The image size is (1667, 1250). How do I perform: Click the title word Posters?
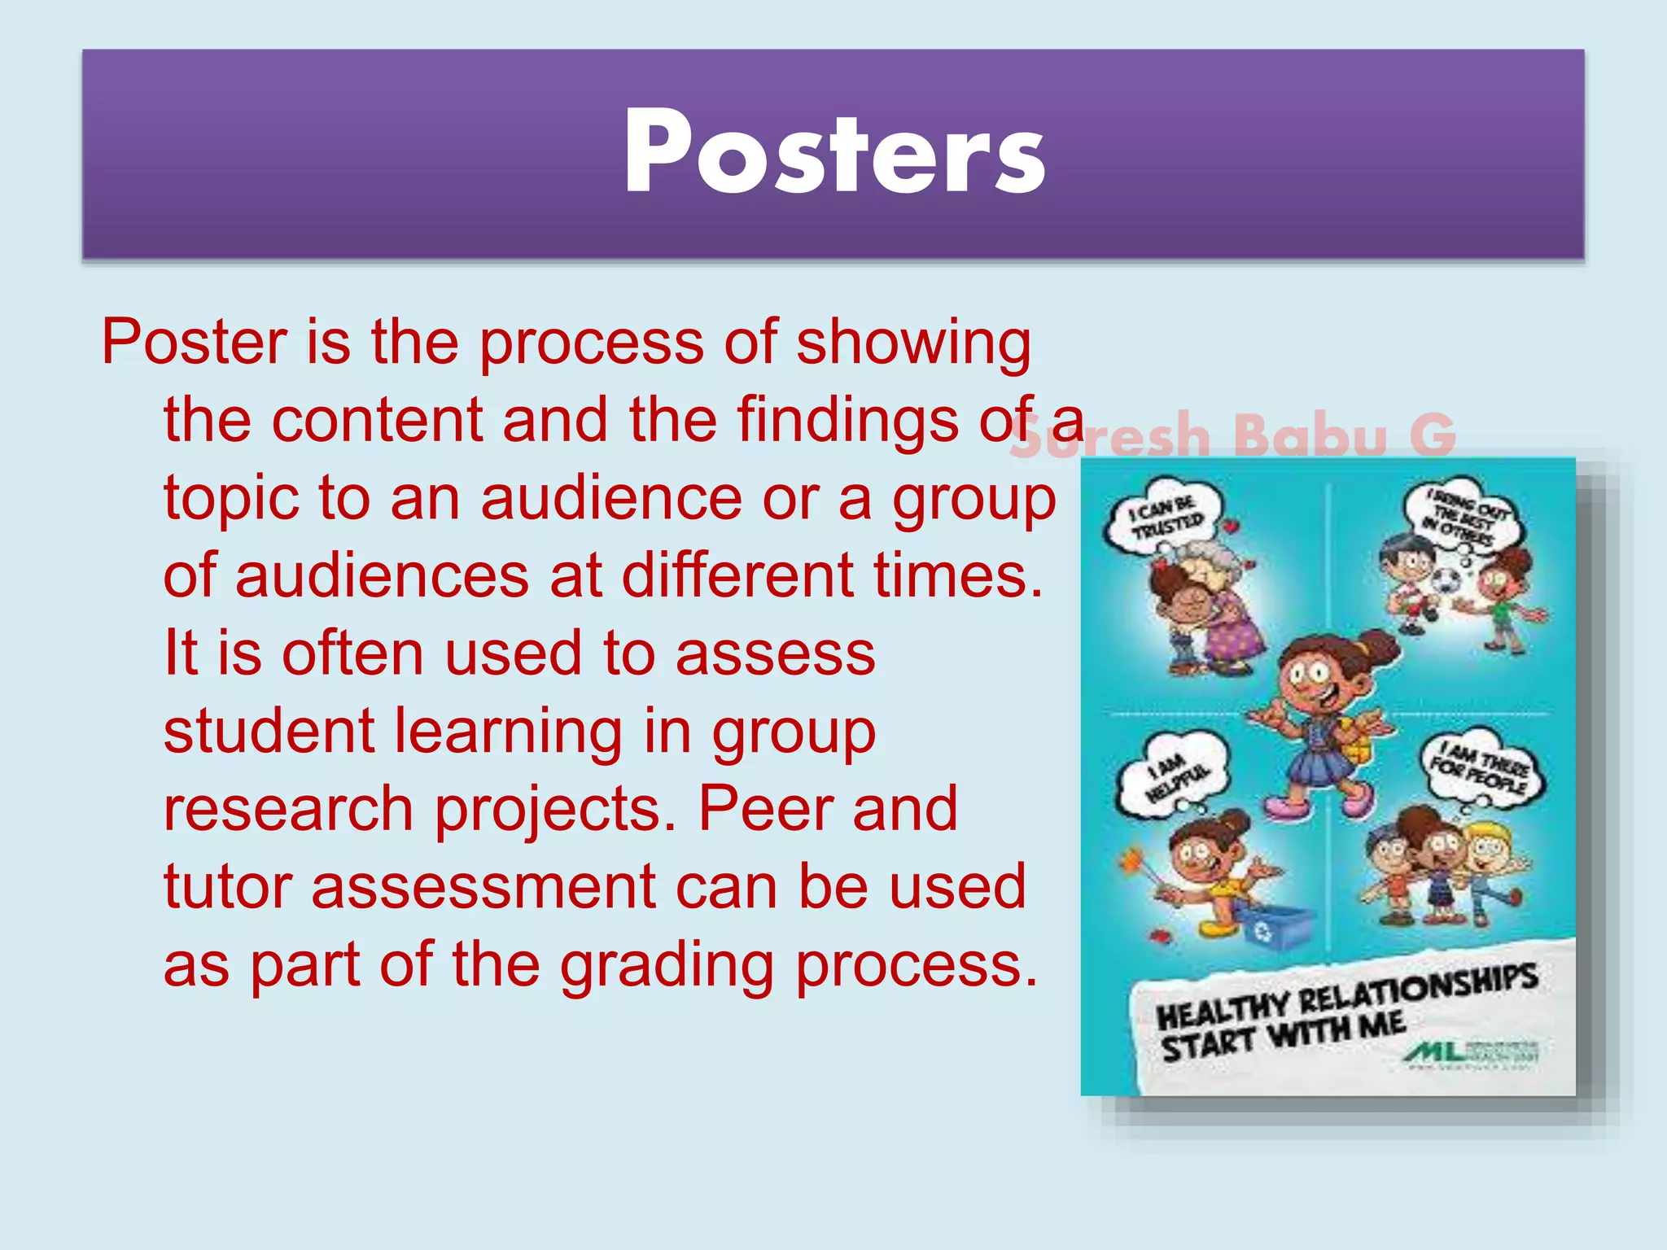833,152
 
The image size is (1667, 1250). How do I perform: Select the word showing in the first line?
913,342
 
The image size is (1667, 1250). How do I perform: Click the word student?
269,731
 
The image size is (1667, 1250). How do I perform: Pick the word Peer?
765,809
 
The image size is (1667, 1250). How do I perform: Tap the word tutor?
227,886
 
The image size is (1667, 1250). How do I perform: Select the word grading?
667,965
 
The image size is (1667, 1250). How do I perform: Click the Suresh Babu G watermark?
1233,435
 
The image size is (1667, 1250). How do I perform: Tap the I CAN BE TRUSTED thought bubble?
1163,517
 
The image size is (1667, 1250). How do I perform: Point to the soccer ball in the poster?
1446,581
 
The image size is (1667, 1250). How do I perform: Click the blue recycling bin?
1274,928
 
